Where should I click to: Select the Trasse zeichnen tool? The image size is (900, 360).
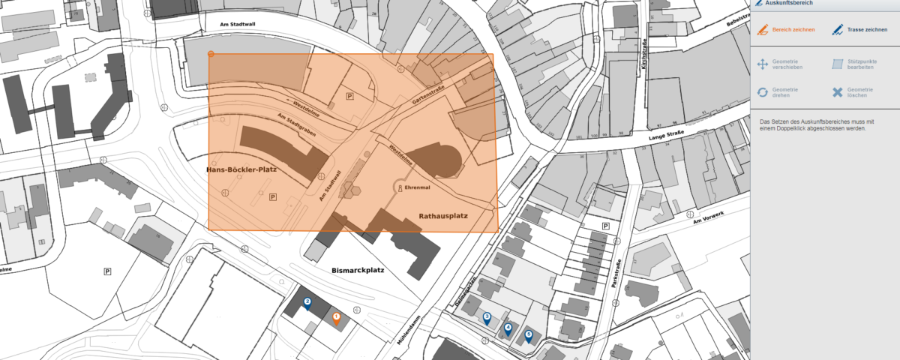click(x=859, y=30)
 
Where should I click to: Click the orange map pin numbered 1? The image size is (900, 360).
click(x=336, y=319)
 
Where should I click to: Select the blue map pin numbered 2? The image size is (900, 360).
click(x=307, y=303)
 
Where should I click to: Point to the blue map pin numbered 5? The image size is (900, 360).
click(x=529, y=337)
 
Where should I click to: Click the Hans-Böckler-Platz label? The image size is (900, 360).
click(x=241, y=170)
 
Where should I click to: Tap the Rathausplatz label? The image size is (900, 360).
click(x=442, y=216)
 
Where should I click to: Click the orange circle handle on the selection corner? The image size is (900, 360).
click(x=211, y=54)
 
